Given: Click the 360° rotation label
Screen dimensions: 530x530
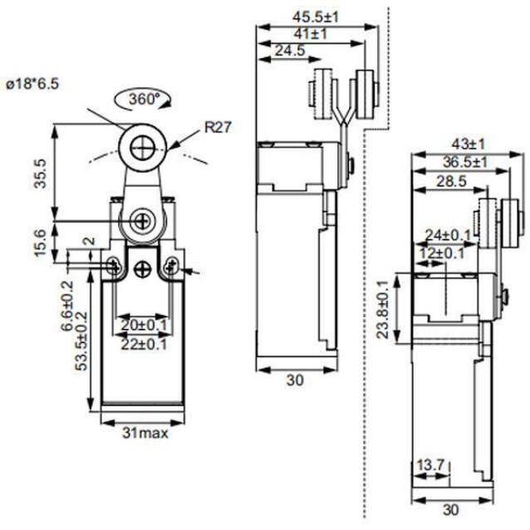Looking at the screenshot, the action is point(144,99).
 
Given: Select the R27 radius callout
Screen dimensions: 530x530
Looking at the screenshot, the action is point(218,127).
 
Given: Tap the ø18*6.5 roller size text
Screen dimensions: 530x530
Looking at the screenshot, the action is point(32,84).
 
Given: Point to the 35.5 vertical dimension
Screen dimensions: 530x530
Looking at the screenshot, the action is point(41,174).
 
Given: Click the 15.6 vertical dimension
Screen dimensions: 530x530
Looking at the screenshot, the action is point(41,243).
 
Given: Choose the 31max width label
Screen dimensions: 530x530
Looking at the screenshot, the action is point(145,433).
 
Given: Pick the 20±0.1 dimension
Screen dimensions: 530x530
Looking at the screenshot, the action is point(144,325).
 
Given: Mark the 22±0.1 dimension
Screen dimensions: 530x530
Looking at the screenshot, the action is point(144,345).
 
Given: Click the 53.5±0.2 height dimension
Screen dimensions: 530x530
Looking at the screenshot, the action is point(81,341).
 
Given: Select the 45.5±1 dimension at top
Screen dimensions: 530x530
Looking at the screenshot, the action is point(316,17).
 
